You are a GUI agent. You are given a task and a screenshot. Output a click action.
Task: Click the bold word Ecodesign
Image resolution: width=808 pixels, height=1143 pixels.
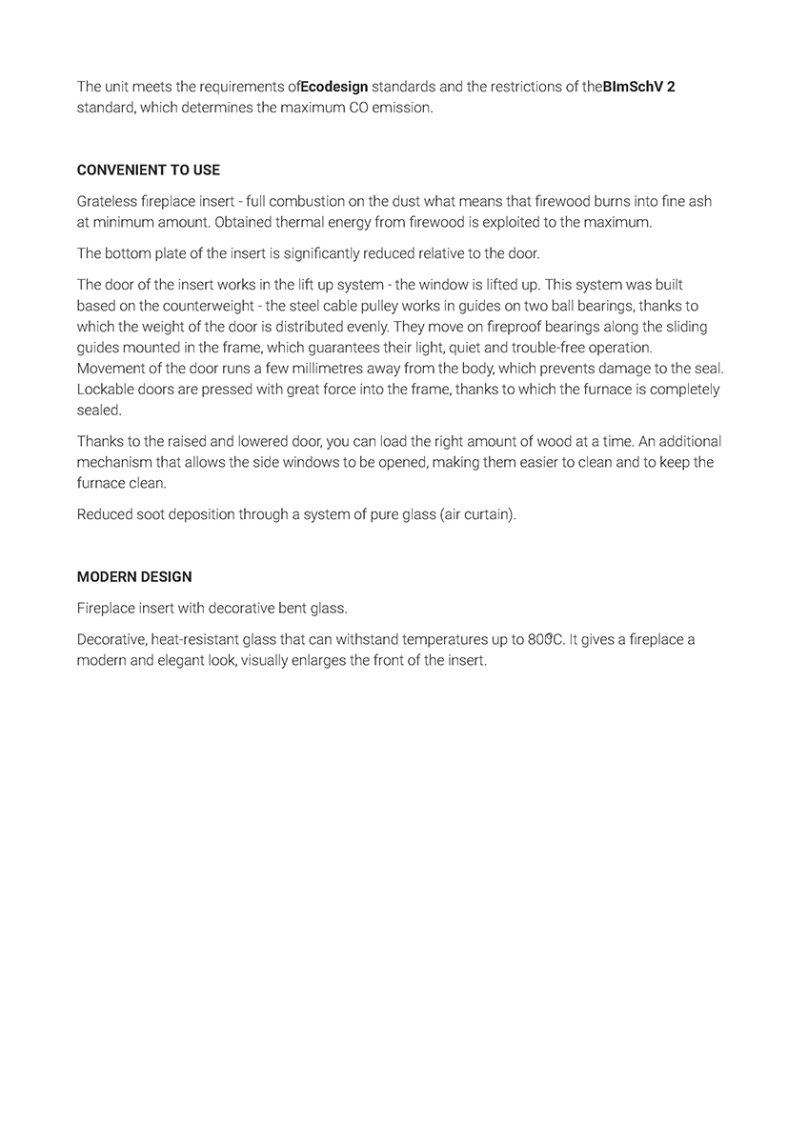334,87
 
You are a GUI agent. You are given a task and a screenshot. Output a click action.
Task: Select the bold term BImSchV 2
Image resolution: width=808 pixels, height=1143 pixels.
639,87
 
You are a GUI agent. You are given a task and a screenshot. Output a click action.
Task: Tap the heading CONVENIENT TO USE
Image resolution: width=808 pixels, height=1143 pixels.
149,170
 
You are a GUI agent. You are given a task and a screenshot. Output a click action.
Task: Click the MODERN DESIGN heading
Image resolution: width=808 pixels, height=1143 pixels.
134,577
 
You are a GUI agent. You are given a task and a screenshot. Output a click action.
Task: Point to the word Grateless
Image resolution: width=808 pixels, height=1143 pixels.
108,202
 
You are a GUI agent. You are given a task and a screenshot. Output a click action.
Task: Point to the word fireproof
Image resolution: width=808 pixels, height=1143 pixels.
491,327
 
